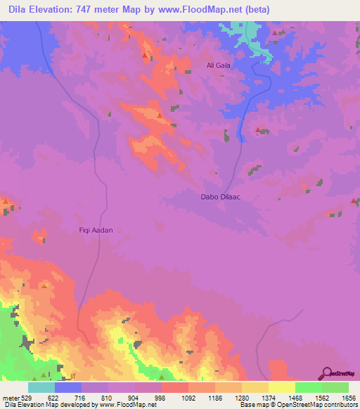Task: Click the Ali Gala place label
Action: coord(218,65)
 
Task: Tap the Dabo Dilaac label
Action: coord(221,197)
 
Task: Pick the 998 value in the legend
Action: coord(161,397)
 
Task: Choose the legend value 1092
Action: coord(188,397)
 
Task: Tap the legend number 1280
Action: coord(241,397)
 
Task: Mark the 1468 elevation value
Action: coord(295,397)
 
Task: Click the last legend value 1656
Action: coord(347,397)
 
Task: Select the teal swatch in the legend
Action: coord(41,387)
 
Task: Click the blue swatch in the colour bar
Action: coord(68,387)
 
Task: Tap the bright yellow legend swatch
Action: coord(281,387)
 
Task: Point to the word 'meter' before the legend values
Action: coord(11,397)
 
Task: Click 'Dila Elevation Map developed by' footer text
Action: coord(49,405)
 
